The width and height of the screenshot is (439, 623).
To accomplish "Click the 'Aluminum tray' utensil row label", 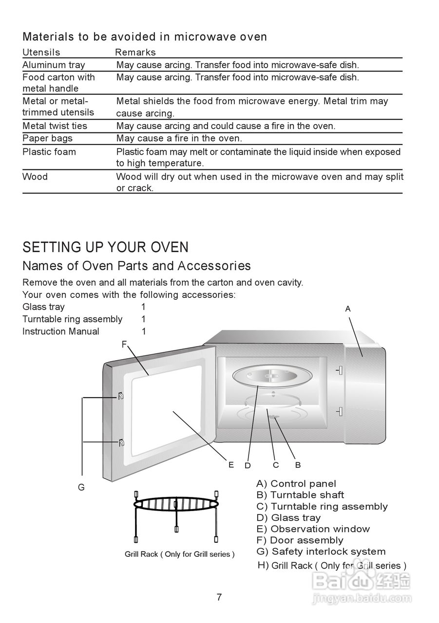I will point(54,65).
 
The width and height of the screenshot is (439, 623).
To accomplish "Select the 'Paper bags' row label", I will point(47,138).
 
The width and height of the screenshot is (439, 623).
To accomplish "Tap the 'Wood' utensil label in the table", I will point(35,176).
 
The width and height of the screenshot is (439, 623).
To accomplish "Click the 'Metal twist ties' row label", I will point(55,126).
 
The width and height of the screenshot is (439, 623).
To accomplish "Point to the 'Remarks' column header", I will point(135,52).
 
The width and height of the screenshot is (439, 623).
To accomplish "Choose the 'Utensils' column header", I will point(41,52).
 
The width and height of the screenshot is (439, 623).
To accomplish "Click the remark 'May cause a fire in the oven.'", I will point(179,138).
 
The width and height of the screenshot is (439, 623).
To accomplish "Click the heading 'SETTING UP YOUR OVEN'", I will point(105,247).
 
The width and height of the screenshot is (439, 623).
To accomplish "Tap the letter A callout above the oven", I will point(348,309).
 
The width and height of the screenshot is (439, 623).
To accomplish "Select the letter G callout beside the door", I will point(81,487).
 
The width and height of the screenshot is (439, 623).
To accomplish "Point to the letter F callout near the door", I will point(124,344).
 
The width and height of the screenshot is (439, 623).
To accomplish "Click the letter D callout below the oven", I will point(248,465).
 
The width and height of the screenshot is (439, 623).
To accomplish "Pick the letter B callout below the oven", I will point(298,465).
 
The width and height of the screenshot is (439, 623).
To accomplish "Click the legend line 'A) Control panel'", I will point(296,483).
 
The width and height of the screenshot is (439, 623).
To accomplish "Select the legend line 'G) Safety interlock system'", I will point(321,551).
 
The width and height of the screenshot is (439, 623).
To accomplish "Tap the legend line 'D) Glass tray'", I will point(288,517).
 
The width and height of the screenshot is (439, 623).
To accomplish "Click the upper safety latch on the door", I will point(120,396).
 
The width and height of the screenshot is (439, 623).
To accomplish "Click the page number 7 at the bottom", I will point(219,597).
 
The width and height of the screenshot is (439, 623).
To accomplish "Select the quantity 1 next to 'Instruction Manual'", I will point(144,331).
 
